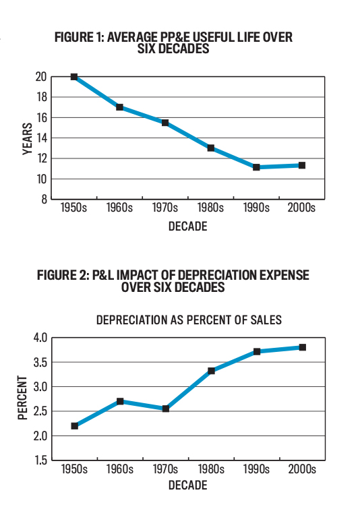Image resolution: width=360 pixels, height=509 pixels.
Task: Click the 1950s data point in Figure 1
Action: (x=74, y=77)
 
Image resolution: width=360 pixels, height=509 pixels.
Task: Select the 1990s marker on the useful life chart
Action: (x=256, y=167)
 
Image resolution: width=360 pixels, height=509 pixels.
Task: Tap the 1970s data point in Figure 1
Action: (x=165, y=123)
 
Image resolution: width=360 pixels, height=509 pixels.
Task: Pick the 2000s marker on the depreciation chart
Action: (x=303, y=347)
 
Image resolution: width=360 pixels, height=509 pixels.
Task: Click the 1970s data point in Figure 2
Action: (x=166, y=409)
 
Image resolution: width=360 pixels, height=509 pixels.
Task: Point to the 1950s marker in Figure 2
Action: (x=75, y=426)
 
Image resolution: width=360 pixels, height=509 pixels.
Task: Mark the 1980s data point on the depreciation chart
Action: (x=211, y=371)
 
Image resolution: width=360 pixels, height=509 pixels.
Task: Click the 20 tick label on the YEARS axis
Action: (x=41, y=77)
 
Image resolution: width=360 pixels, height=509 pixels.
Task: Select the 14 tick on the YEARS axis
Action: (x=41, y=138)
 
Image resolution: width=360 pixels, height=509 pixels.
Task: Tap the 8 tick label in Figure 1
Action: (x=44, y=200)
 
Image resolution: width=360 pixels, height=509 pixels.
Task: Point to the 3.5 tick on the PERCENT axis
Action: (x=40, y=362)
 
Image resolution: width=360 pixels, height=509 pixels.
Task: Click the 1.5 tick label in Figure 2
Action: (x=40, y=460)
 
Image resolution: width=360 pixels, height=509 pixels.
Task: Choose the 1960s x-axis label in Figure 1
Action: (x=119, y=208)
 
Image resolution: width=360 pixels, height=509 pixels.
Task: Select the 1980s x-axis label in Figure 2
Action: (x=211, y=469)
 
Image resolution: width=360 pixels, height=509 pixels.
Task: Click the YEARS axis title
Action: (x=28, y=139)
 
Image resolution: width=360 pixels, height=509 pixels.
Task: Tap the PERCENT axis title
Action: (x=22, y=398)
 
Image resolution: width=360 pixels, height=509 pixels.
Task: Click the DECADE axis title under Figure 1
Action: (x=187, y=227)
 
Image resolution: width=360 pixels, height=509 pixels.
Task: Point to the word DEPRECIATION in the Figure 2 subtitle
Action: (x=131, y=320)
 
